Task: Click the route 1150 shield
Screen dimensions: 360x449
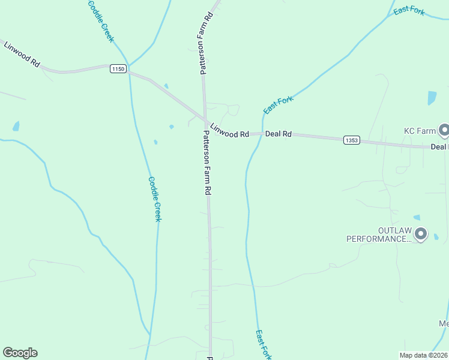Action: (x=118, y=69)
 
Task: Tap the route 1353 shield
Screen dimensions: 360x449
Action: (x=352, y=140)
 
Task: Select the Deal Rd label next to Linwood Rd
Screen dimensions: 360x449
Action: (x=279, y=134)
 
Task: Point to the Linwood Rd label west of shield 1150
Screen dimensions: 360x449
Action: (x=22, y=55)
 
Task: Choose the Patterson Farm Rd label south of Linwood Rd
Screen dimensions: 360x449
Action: (x=207, y=162)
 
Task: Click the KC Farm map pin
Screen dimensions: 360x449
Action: (x=444, y=129)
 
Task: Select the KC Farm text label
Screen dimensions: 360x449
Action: (x=418, y=130)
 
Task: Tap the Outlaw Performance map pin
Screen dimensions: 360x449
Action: (x=421, y=233)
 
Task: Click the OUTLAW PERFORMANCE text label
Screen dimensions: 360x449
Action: (x=378, y=235)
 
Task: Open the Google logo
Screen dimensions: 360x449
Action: (x=20, y=353)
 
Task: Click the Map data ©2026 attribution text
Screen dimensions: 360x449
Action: (x=424, y=355)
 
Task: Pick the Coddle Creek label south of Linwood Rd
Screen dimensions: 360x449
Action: (x=155, y=199)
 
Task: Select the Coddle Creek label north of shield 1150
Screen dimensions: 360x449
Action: (x=101, y=20)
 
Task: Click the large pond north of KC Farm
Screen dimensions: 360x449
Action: (x=431, y=98)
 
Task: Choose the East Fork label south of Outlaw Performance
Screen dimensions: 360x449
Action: (x=263, y=344)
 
